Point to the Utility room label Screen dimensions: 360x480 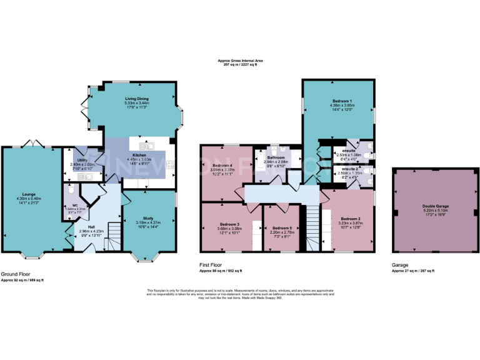pos(82,161)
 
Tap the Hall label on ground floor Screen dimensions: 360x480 pos(91,227)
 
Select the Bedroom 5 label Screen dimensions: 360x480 pos(282,228)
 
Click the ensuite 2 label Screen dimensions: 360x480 pos(349,169)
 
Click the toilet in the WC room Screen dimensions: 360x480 pos(71,187)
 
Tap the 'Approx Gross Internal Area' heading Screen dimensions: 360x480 pos(239,61)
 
